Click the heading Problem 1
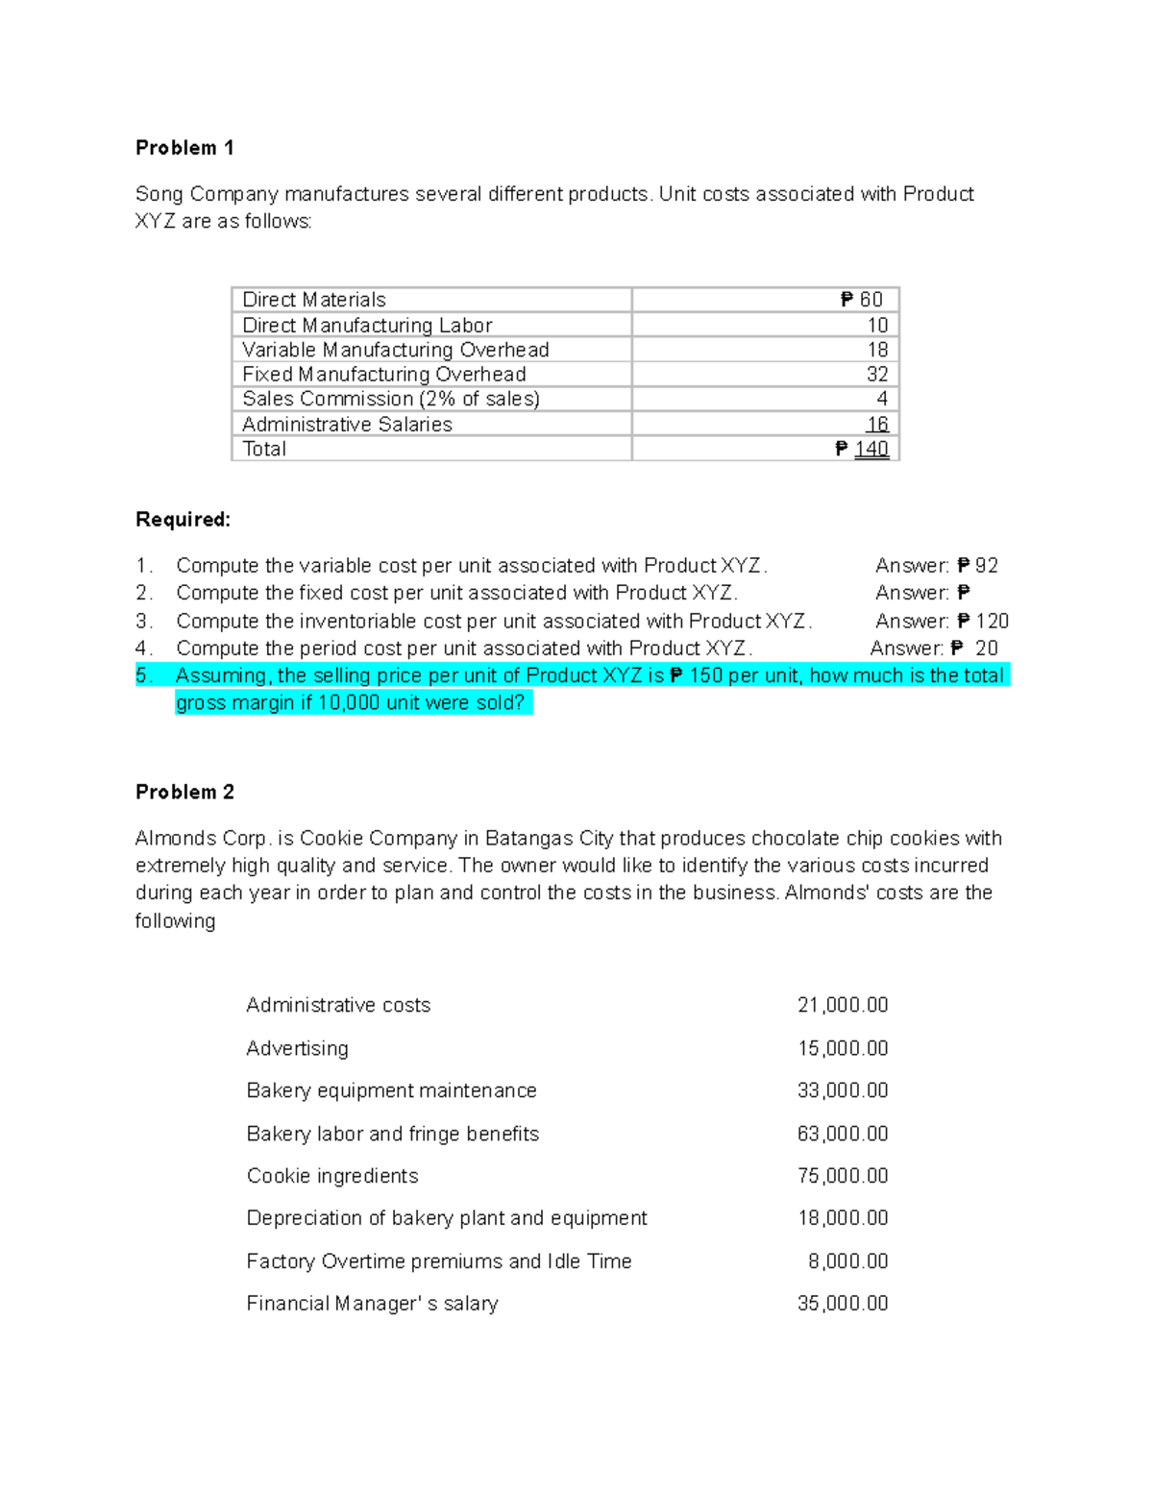pos(184,148)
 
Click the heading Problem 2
pos(184,793)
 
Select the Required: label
pos(183,520)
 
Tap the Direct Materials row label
pos(314,300)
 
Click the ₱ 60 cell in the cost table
pos(861,300)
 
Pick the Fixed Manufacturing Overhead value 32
pos(877,375)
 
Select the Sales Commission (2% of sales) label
pos(391,399)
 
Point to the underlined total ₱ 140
pos(862,449)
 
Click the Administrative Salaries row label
pos(347,425)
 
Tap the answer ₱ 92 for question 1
pos(977,566)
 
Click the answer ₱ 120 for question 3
pos(983,622)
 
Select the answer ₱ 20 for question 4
pos(974,648)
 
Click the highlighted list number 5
pos(143,676)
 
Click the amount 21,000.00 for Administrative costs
pos(843,1006)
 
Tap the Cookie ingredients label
pos(332,1176)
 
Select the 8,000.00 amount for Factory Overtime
pos(847,1261)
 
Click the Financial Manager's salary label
pos(372,1304)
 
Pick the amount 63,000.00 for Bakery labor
pos(843,1134)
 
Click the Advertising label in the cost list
pos(297,1048)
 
